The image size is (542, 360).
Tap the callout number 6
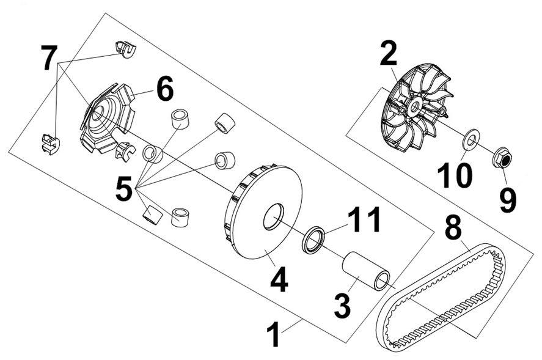pos(165,89)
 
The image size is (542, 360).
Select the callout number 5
pos(124,188)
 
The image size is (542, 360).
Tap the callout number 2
pos(388,53)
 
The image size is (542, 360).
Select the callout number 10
pos(455,175)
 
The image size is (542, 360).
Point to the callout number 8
pos(453,227)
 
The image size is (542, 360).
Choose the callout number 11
pos(364,219)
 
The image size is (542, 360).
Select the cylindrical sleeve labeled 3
pos(366,271)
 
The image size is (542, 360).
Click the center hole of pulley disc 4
pos(273,217)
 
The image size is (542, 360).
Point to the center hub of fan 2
pos(414,106)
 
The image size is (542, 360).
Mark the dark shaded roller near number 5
pos(152,216)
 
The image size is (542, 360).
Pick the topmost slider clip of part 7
pos(125,49)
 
